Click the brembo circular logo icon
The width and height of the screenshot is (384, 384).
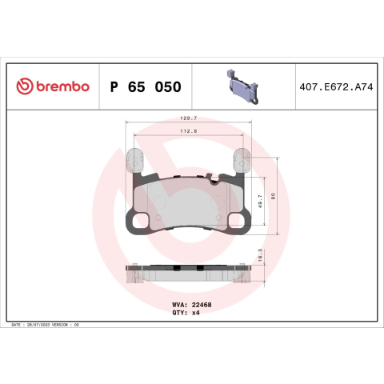click(25, 86)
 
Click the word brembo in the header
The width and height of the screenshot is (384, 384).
click(62, 86)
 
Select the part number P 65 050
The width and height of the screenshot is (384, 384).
click(146, 87)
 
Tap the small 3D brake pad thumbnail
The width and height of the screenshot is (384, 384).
click(242, 87)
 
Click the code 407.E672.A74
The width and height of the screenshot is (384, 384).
click(336, 87)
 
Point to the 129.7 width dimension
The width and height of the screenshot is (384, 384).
click(189, 118)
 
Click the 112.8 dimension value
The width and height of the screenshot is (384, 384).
click(189, 131)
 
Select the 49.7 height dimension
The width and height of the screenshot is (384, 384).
click(260, 201)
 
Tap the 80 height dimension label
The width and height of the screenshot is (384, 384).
click(273, 197)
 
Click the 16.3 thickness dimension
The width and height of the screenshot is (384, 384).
click(260, 255)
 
